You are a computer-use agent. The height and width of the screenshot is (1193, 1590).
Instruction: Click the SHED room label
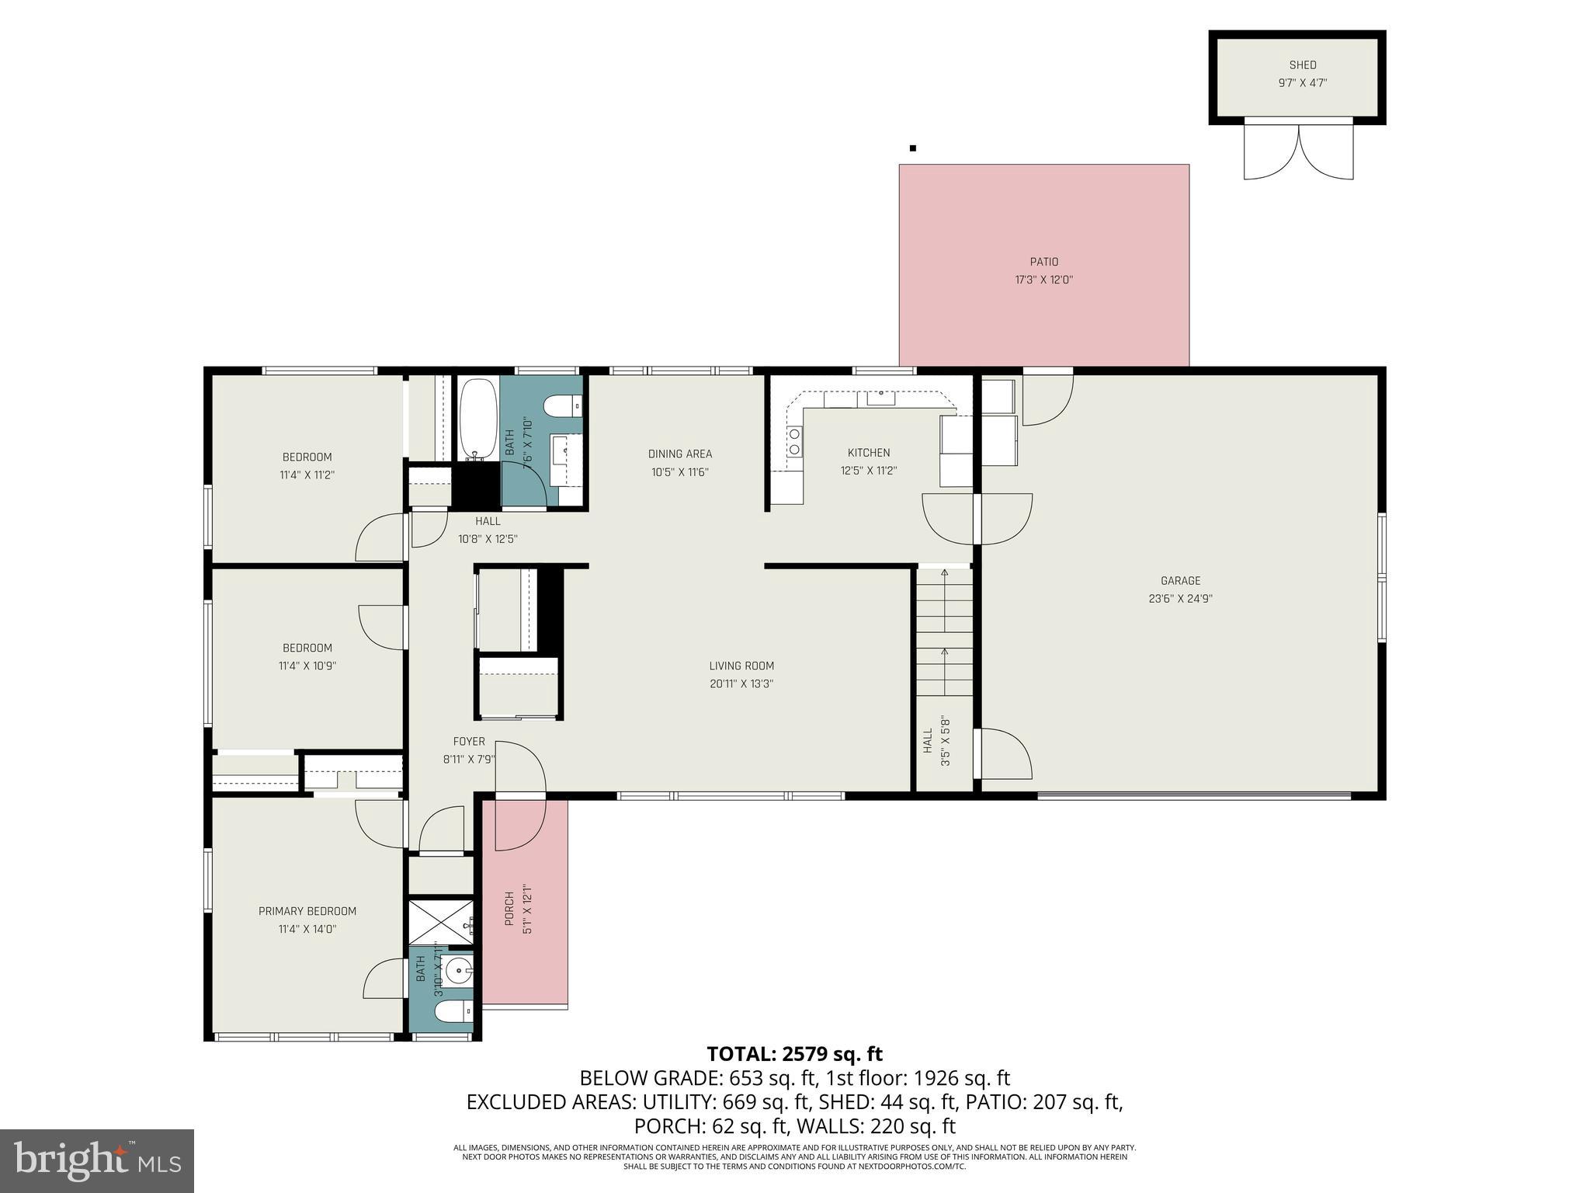1302,65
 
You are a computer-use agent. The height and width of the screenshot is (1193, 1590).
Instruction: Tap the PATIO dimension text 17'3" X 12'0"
1043,280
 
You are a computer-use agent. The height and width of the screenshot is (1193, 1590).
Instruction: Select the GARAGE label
1180,580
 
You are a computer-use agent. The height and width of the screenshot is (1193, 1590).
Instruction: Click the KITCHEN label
868,453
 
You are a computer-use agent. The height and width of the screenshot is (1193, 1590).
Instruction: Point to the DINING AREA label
679,454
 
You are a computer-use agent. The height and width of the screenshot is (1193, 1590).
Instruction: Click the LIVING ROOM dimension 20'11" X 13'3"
741,683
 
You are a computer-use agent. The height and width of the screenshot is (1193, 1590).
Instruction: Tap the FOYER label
469,742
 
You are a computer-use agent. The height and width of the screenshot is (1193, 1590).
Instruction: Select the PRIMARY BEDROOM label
307,911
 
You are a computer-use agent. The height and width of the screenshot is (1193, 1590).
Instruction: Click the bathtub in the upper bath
477,419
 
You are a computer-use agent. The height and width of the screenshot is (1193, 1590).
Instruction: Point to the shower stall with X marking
439,924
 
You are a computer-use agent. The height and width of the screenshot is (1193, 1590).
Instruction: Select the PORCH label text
509,909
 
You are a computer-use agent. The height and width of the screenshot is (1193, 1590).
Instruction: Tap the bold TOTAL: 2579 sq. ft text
794,1054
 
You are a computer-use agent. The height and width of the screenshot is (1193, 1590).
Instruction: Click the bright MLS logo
96,1160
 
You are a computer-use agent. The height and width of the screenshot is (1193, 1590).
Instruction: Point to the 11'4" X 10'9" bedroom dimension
307,666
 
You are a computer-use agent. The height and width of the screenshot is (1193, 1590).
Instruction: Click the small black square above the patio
913,148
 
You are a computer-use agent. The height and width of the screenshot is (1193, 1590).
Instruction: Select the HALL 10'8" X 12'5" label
488,530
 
